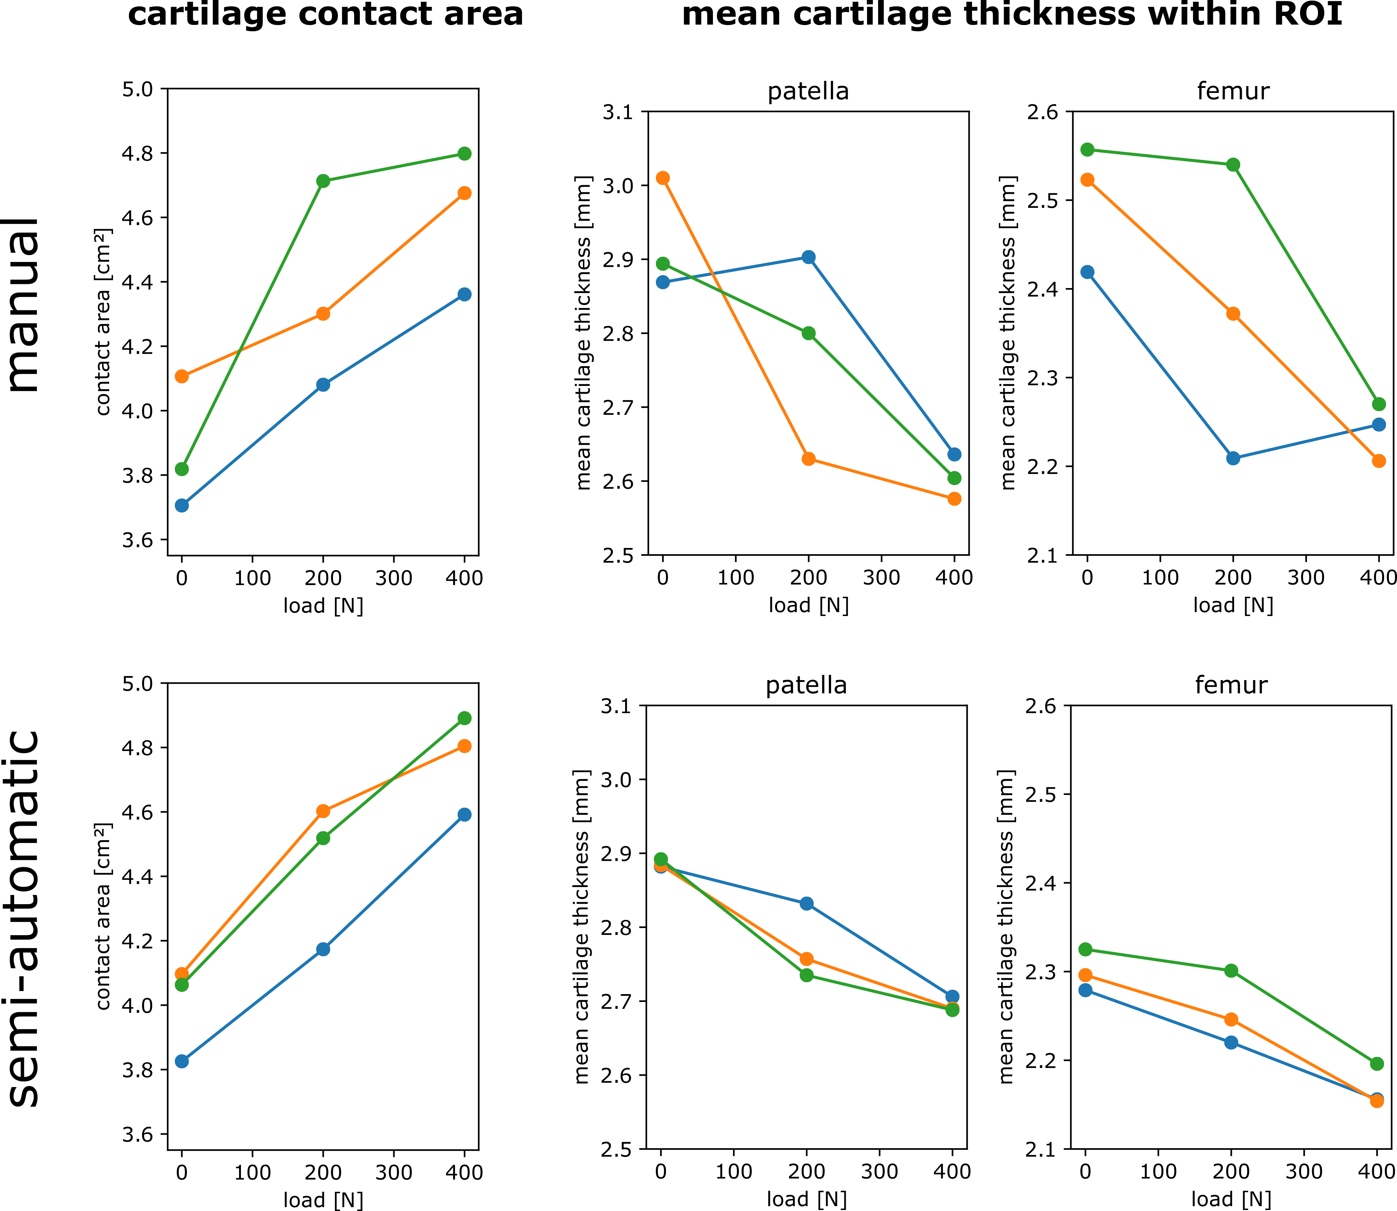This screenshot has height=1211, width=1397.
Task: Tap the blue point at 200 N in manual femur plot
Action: click(1233, 458)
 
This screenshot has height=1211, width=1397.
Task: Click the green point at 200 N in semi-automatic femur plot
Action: click(1231, 970)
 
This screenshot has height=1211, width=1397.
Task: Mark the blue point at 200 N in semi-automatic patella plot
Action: click(806, 903)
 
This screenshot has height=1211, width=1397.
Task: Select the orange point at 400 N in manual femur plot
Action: click(1379, 461)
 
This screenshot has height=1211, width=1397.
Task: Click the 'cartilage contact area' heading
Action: click(325, 15)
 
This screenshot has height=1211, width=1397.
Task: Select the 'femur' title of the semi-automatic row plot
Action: click(1231, 685)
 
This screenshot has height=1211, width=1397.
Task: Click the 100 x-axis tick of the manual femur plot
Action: click(1160, 578)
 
